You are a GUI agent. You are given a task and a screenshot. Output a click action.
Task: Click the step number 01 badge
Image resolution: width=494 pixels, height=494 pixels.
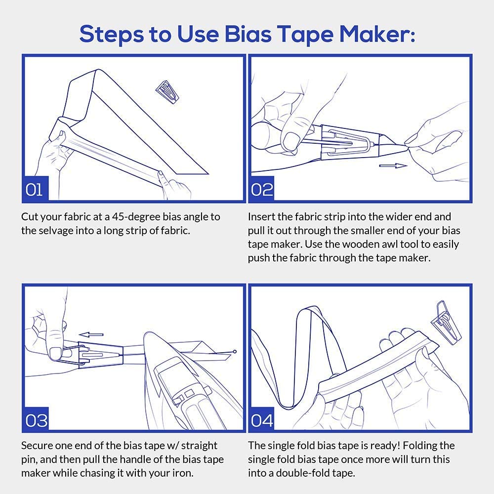35,189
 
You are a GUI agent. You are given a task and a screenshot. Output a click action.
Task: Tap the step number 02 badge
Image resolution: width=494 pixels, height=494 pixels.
261,189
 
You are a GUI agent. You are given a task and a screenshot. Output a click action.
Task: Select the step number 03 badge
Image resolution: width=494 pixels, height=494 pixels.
36,419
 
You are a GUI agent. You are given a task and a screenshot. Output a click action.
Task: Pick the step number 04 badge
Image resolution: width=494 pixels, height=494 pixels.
261,419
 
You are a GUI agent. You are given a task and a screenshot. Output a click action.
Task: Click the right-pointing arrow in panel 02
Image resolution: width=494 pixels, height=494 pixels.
393,165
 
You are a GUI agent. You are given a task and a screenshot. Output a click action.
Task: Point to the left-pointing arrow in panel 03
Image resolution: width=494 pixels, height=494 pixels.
91,334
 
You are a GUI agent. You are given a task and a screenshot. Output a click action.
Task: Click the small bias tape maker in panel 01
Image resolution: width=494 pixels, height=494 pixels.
167,91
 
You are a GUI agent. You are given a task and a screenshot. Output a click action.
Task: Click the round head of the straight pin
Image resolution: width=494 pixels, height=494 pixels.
234,351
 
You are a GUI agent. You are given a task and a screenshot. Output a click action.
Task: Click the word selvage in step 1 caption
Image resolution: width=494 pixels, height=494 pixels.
53,231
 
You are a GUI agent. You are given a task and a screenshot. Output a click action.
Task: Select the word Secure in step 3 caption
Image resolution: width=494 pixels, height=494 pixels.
37,446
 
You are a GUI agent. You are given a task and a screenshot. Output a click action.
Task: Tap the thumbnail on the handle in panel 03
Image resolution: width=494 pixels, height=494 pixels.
56,353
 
